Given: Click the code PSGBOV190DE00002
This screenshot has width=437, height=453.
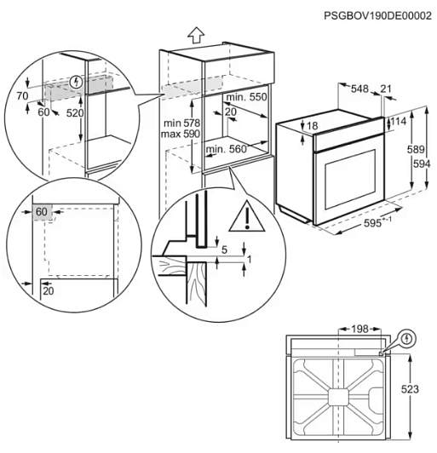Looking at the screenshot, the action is pyautogui.click(x=377, y=15).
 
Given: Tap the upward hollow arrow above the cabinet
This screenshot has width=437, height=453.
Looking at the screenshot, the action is pyautogui.click(x=196, y=36).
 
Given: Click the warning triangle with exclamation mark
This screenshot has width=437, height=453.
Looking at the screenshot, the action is pyautogui.click(x=247, y=216).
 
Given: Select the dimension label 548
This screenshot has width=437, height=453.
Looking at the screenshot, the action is pyautogui.click(x=359, y=89).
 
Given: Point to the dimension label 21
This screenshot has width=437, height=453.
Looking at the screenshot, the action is pyautogui.click(x=386, y=89).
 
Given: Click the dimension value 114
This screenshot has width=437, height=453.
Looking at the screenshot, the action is pyautogui.click(x=399, y=121).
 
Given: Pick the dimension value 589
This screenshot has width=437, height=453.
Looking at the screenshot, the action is pyautogui.click(x=416, y=149).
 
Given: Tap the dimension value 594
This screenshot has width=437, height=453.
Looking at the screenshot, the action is pyautogui.click(x=422, y=163).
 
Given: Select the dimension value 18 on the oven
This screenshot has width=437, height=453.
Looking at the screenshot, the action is pyautogui.click(x=313, y=126).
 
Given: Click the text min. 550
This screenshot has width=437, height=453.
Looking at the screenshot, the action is pyautogui.click(x=246, y=97).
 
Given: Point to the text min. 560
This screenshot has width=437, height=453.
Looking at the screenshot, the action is pyautogui.click(x=227, y=149).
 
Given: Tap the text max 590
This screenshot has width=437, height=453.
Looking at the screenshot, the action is pyautogui.click(x=181, y=134).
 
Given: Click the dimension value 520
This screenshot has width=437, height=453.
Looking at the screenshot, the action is pyautogui.click(x=75, y=113).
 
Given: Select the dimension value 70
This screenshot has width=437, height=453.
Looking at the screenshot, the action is pyautogui.click(x=22, y=95).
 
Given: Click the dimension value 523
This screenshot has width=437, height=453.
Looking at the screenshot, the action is pyautogui.click(x=410, y=389).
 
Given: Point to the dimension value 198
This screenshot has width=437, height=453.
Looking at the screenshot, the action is pyautogui.click(x=359, y=329).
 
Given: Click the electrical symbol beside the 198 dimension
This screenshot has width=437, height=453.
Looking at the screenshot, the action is pyautogui.click(x=407, y=338).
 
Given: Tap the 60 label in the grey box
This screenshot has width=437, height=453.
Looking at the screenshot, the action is pyautogui.click(x=42, y=212).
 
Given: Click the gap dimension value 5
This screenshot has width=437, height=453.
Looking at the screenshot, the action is pyautogui.click(x=225, y=249).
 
